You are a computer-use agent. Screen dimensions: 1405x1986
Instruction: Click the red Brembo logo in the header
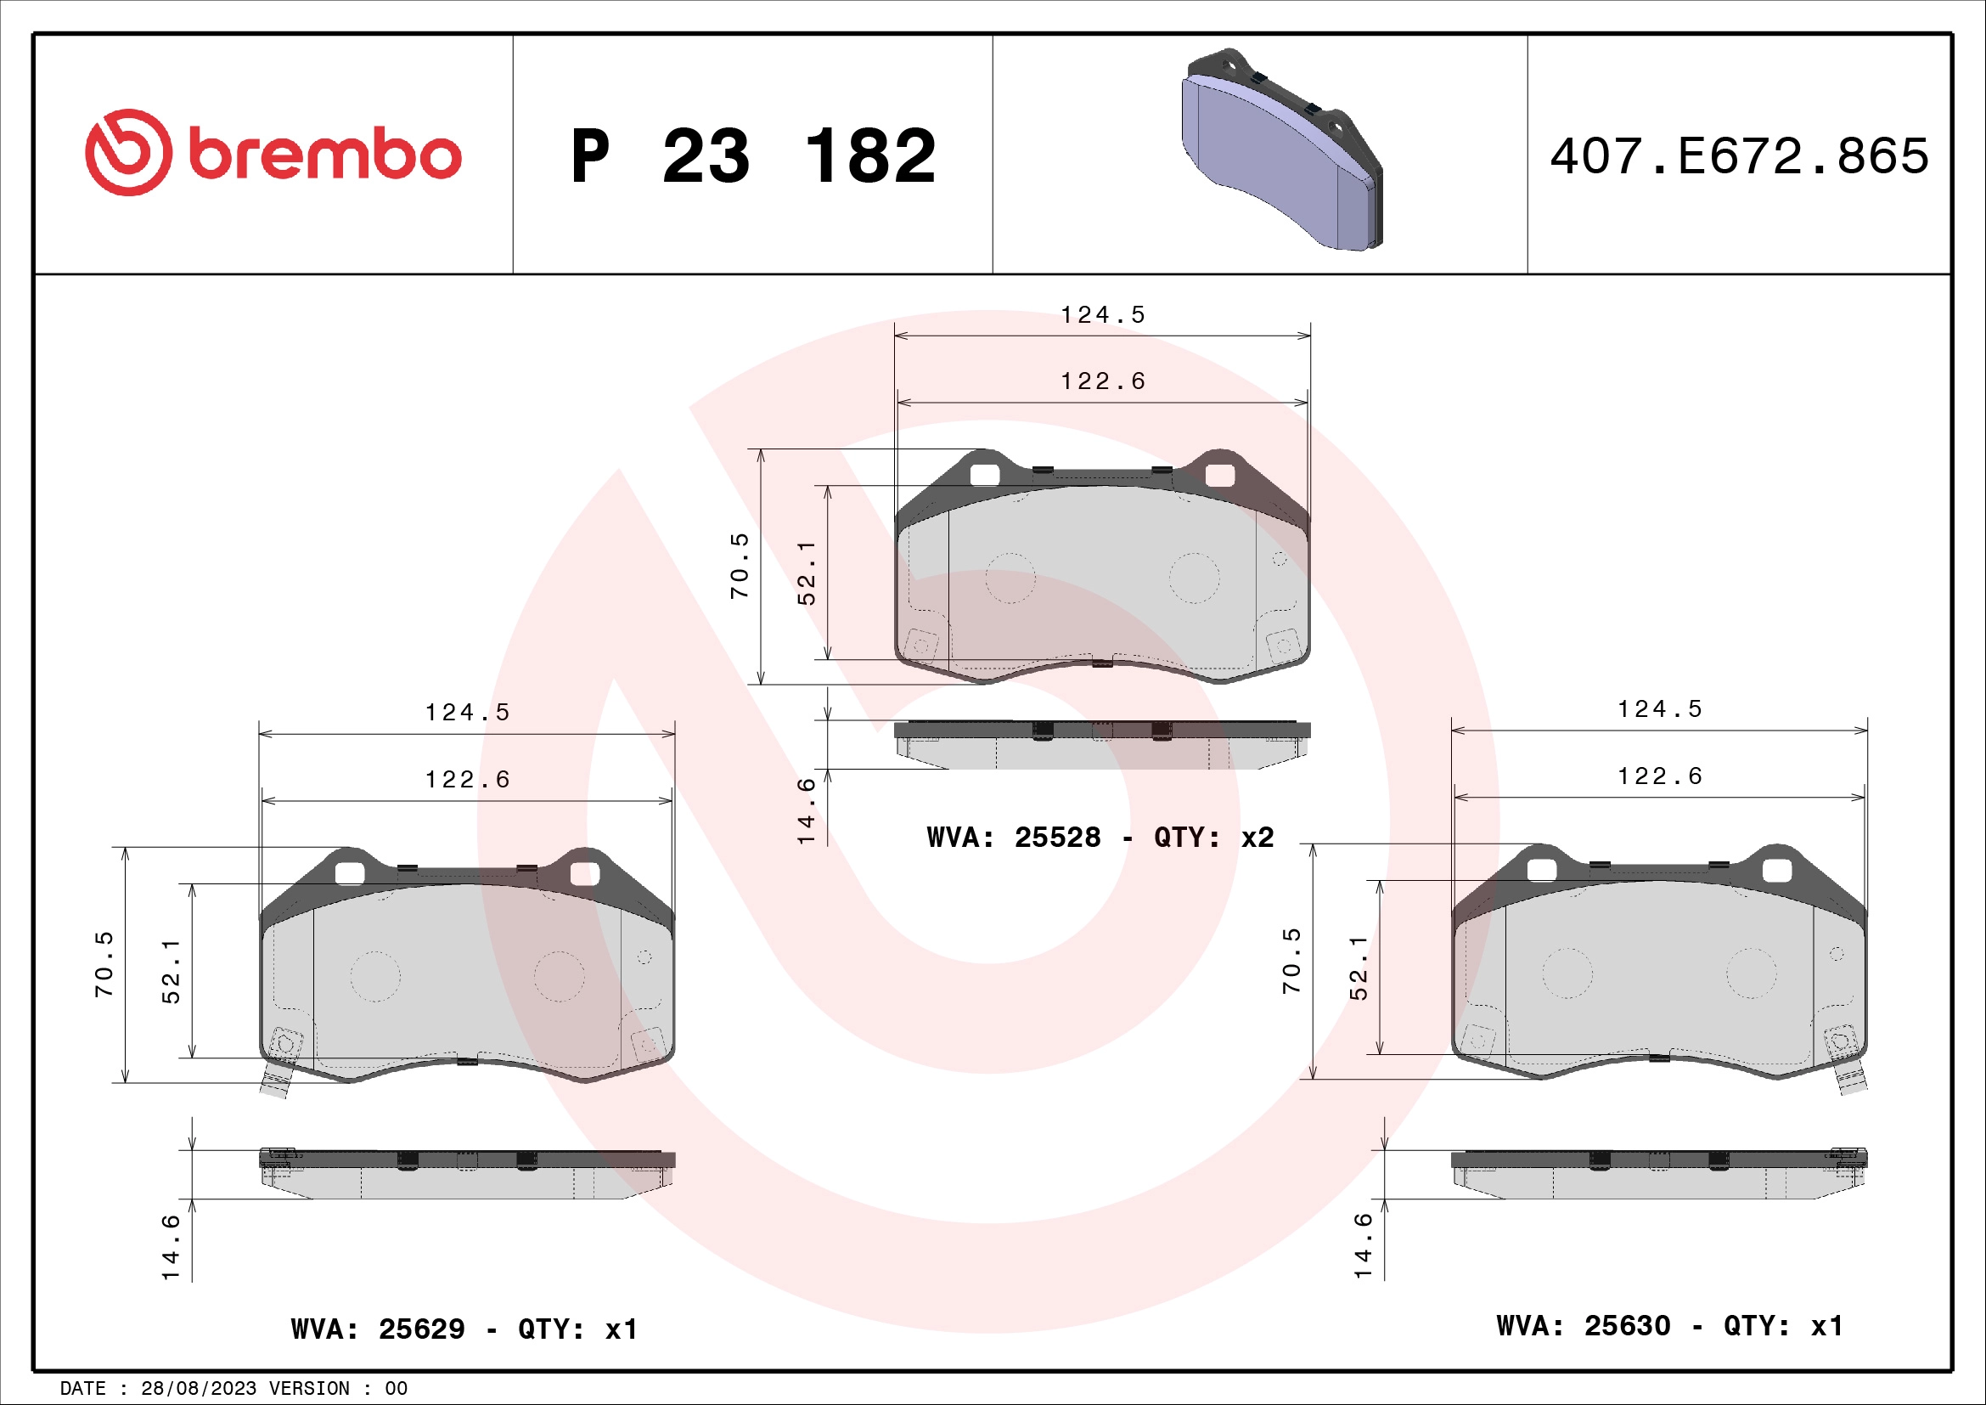pos(273,153)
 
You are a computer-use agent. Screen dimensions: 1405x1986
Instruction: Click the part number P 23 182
pos(752,156)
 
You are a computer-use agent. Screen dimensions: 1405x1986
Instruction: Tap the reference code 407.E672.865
pos(1739,156)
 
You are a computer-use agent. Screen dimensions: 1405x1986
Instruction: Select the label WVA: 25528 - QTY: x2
pos(1100,838)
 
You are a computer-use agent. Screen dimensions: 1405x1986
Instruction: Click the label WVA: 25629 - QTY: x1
pos(464,1329)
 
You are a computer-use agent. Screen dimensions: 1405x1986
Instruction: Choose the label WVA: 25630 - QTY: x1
pos(1669,1325)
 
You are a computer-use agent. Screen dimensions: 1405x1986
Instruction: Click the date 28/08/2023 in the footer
pos(198,1389)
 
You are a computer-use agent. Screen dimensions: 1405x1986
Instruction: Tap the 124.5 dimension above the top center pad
pos(1103,315)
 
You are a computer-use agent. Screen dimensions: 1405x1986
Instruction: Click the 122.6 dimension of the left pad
pos(467,780)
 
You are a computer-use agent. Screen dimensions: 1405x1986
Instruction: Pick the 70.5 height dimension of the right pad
pos(1291,961)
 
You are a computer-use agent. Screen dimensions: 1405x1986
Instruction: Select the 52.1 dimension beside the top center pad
pos(806,572)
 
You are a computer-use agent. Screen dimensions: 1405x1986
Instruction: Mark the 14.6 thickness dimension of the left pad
pos(171,1247)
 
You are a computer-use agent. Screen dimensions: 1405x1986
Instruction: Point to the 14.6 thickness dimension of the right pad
pos(1364,1245)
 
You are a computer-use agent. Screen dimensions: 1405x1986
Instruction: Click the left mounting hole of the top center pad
pos(984,475)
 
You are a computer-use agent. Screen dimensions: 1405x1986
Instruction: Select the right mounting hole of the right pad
pos(1776,871)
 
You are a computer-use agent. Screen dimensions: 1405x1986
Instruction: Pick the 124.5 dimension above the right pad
pos(1659,709)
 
